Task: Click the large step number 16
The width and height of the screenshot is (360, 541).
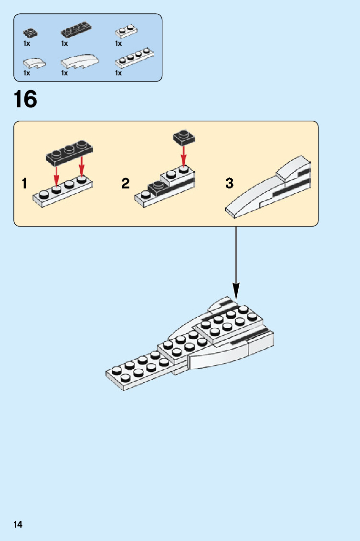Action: [25, 99]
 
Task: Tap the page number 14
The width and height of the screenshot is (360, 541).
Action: [18, 525]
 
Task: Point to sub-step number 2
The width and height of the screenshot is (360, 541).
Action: [125, 183]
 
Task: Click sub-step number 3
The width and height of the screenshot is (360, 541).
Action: [230, 183]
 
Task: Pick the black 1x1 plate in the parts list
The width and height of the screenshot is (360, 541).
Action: [30, 33]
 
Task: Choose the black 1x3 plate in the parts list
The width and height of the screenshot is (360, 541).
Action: [76, 31]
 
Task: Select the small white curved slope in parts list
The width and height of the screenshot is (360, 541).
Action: [34, 62]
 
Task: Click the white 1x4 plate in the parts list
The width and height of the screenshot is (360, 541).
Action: [134, 58]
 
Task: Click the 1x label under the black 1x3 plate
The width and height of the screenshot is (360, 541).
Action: [64, 43]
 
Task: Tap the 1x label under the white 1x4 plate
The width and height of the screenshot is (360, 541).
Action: [118, 73]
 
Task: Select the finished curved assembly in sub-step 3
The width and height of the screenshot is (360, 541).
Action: [270, 189]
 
